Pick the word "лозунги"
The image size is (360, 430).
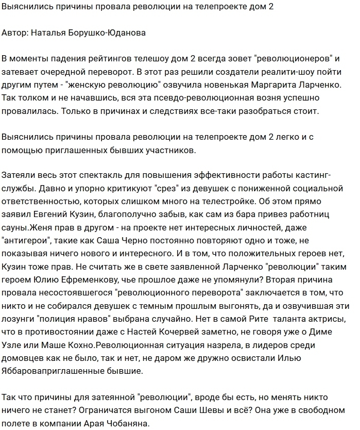(x=21, y=309)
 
